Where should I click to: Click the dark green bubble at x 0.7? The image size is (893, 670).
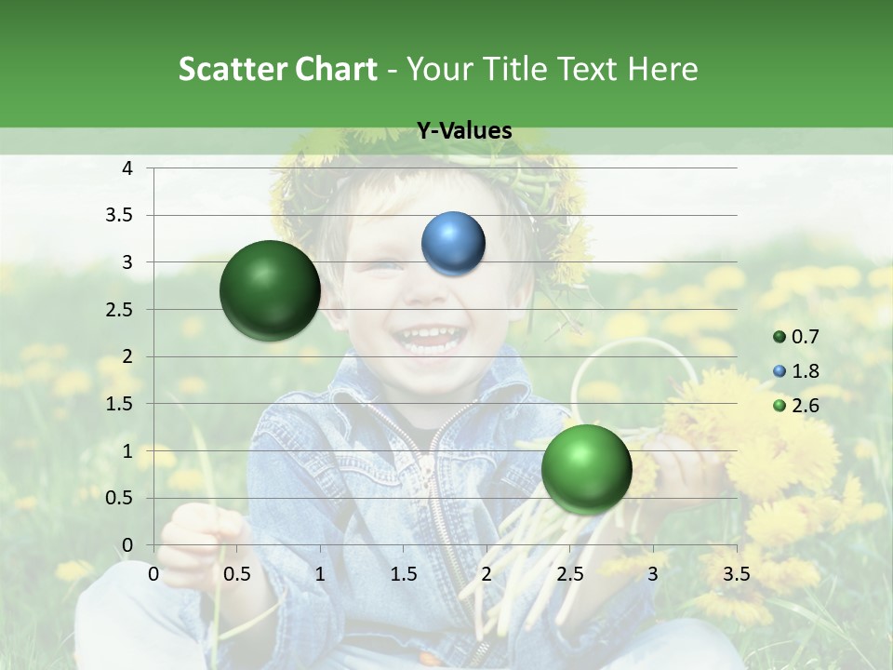(x=270, y=290)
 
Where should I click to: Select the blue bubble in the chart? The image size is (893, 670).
(x=453, y=243)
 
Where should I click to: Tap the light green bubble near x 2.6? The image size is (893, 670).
(x=586, y=469)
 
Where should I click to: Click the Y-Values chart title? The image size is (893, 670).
(x=463, y=131)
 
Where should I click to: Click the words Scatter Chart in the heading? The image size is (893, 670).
(x=277, y=69)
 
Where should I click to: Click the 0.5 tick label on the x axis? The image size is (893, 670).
(x=237, y=573)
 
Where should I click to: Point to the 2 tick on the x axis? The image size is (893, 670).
(x=486, y=573)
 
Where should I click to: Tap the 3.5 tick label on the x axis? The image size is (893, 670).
(x=736, y=573)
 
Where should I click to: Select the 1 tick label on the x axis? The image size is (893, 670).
(x=320, y=573)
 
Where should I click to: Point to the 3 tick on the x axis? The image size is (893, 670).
(x=653, y=573)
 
